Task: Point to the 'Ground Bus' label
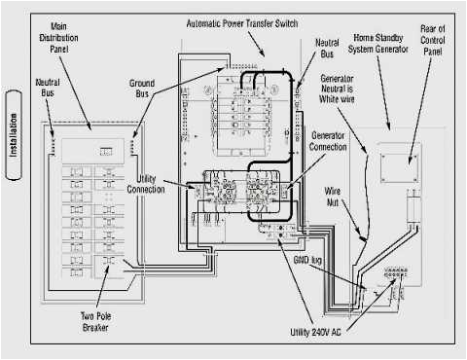pyautogui.click(x=142, y=90)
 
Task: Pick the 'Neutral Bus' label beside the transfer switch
pyautogui.click(x=328, y=50)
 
